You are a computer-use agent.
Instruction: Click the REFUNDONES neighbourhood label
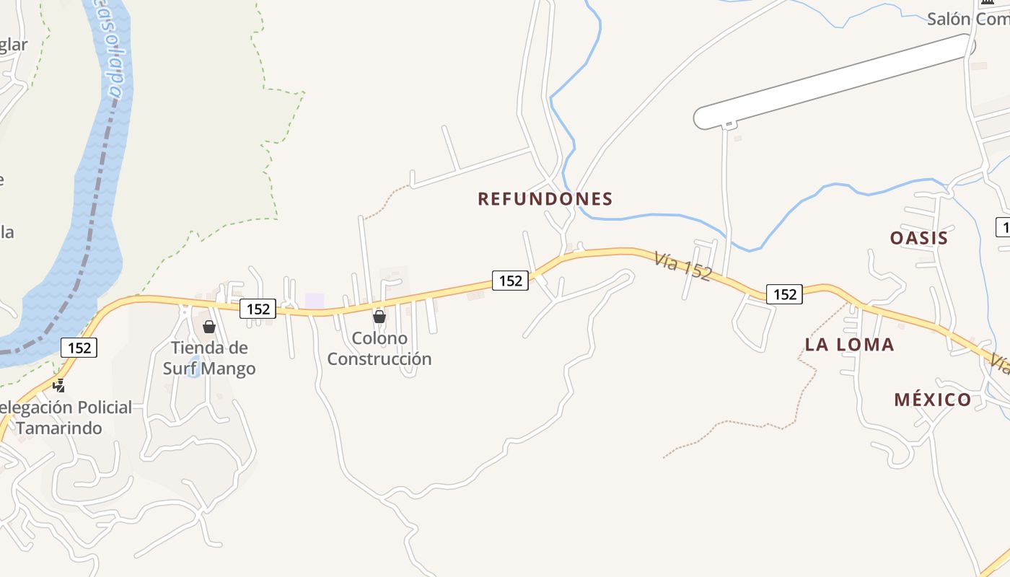tap(545, 199)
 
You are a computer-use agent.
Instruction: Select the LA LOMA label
tap(849, 345)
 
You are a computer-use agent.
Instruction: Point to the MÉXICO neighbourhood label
tap(932, 400)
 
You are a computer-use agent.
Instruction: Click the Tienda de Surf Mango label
tap(208, 358)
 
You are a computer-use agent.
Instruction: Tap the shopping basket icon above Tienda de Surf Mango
tap(209, 327)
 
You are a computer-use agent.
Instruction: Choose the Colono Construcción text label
tap(379, 348)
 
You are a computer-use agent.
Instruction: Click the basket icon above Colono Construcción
tap(379, 316)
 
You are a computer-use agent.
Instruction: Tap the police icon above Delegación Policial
tap(59, 385)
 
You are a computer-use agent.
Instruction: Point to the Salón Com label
tap(967, 19)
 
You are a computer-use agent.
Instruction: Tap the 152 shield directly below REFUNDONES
tap(510, 281)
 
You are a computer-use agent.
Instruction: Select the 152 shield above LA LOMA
tap(784, 294)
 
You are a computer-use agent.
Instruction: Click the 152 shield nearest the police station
tap(79, 348)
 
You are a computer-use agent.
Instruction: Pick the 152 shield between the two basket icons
tap(258, 309)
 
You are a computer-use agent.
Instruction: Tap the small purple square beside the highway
tap(315, 301)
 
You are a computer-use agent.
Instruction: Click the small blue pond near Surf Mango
tap(193, 364)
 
